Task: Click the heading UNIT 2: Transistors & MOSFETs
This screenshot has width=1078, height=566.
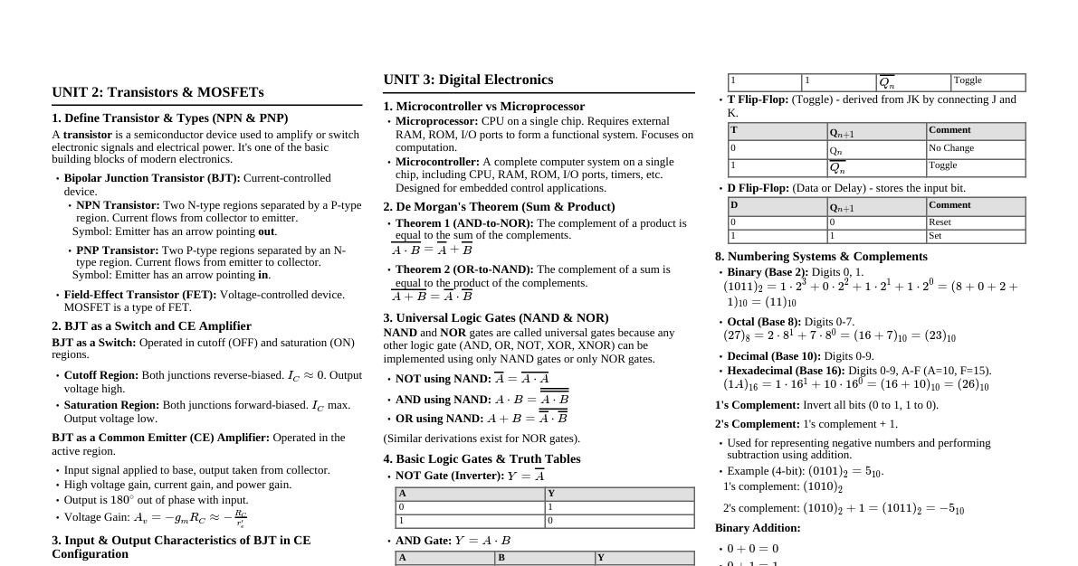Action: pyautogui.click(x=157, y=92)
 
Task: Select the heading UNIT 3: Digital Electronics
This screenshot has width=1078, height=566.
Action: pyautogui.click(x=468, y=80)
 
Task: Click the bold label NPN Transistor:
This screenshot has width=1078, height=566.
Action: pyautogui.click(x=118, y=205)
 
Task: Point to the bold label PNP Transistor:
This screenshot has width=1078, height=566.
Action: pyautogui.click(x=118, y=250)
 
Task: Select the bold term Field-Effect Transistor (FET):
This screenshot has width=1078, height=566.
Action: pyautogui.click(x=140, y=295)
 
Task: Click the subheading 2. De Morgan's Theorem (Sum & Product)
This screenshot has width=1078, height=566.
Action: pyautogui.click(x=499, y=207)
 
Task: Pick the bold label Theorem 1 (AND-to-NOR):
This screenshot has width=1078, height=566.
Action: pyautogui.click(x=464, y=223)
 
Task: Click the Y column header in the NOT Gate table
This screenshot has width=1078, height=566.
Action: pyautogui.click(x=551, y=494)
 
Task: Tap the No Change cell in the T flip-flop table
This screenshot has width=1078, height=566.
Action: pyautogui.click(x=951, y=148)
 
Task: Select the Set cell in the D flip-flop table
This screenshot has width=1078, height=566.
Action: pyautogui.click(x=936, y=236)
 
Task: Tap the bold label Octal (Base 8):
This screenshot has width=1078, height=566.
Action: pyautogui.click(x=764, y=322)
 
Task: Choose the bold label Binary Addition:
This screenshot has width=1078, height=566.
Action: pyautogui.click(x=758, y=528)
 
